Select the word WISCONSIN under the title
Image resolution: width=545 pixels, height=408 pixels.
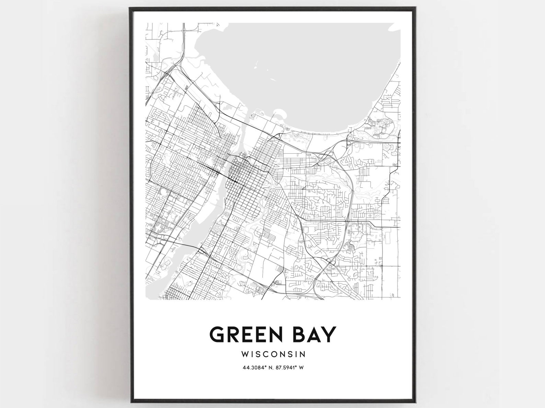pyautogui.click(x=273, y=353)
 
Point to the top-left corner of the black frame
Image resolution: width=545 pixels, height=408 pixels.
pyautogui.click(x=130, y=8)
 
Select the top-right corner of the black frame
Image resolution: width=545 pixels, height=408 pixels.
pyautogui.click(x=416, y=8)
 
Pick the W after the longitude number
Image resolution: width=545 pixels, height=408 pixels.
pyautogui.click(x=301, y=368)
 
